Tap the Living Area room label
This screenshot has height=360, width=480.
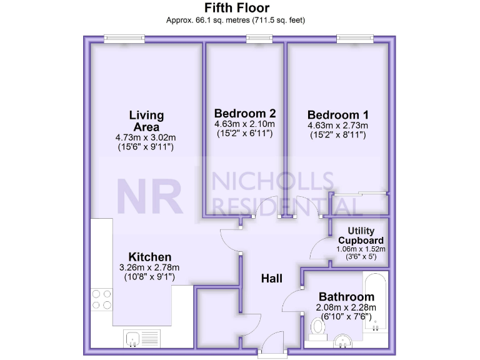tap(146, 121)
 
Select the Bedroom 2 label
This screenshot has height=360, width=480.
tap(244, 114)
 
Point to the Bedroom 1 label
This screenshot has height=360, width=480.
tap(337, 115)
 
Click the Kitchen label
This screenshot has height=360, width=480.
tap(149, 257)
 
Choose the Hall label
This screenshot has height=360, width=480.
tap(272, 278)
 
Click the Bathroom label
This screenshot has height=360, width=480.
tap(346, 296)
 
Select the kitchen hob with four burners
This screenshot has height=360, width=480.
tap(101, 299)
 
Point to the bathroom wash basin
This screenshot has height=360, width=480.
tap(341, 340)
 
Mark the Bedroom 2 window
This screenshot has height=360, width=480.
tap(257, 39)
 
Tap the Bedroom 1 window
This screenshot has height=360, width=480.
tap(354, 39)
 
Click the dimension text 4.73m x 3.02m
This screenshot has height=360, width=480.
tap(145, 137)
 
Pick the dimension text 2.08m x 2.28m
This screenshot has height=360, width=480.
tap(346, 307)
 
